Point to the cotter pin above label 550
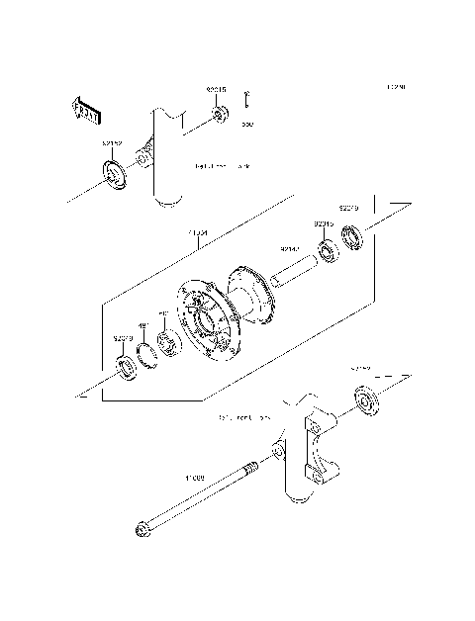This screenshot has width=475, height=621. (247, 100)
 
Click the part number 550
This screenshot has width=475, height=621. (247, 125)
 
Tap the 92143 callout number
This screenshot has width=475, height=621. (289, 249)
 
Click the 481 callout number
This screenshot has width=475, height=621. (142, 324)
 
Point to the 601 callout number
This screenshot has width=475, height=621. (164, 316)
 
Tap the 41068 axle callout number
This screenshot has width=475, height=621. (192, 478)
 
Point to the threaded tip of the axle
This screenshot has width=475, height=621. (250, 468)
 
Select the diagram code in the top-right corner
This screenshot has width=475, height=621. (396, 88)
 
